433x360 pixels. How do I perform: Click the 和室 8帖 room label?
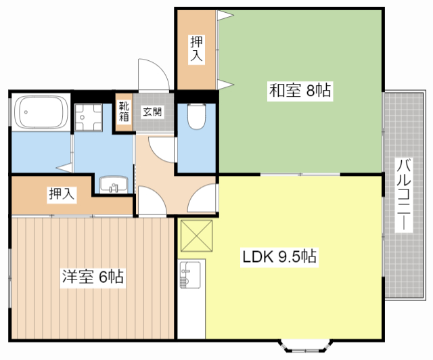300,91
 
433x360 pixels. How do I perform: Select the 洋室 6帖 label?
92,277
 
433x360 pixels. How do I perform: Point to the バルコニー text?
404,196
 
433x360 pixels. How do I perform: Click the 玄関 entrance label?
152,112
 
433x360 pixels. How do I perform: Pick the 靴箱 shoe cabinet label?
124,112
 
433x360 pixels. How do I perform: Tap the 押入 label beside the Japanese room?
196,48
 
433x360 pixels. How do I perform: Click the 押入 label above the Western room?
62,194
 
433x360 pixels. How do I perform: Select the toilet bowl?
196,116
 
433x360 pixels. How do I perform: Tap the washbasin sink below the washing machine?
112,185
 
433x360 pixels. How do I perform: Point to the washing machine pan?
88,118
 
